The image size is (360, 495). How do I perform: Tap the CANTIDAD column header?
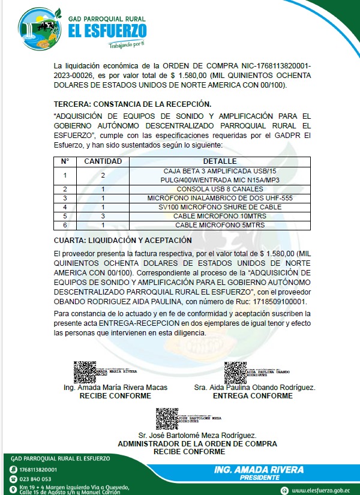point(103,161)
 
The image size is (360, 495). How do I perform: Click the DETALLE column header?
point(220,161)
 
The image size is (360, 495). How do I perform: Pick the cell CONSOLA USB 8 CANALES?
point(220,189)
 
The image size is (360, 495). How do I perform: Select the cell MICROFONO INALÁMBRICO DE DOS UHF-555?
point(220,198)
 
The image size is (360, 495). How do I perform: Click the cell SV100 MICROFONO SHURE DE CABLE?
point(220,207)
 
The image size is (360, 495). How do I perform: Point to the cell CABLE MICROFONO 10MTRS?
point(220,216)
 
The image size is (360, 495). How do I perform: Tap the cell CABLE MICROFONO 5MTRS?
point(220,225)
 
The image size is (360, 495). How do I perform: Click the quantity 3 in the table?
point(103,216)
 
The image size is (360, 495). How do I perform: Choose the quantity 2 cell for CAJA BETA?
point(103,175)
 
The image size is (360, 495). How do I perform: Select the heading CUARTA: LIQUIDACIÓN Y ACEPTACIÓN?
point(123,240)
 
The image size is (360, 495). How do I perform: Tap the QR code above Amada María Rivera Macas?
point(83,372)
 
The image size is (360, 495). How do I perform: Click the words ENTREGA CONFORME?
point(253,396)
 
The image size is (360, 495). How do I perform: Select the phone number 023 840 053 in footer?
point(34,479)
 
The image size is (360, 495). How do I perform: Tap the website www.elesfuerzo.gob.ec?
point(321,490)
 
